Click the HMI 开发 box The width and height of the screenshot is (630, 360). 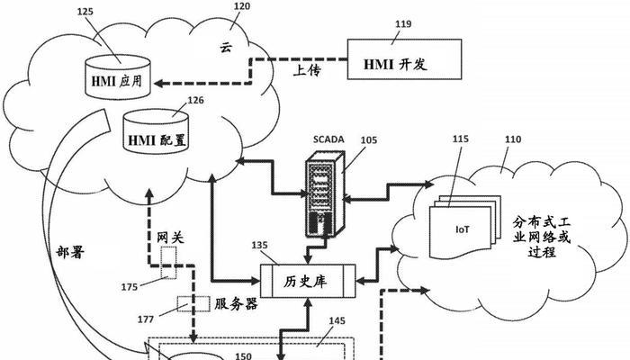click(x=408, y=65)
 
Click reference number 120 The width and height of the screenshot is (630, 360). click(x=242, y=7)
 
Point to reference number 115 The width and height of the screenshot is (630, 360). click(x=460, y=140)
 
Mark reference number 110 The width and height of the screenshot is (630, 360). click(x=513, y=140)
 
